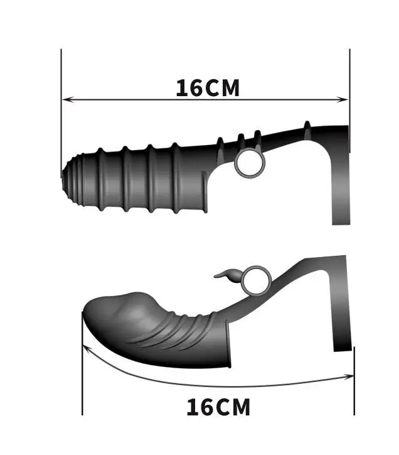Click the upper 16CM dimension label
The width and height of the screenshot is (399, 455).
[208, 88]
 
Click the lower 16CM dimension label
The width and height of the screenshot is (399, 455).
[218, 407]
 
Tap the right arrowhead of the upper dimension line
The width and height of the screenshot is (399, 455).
[343, 99]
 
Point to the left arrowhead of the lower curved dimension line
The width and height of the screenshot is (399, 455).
[87, 349]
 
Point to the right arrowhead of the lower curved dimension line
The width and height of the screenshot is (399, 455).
[349, 377]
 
